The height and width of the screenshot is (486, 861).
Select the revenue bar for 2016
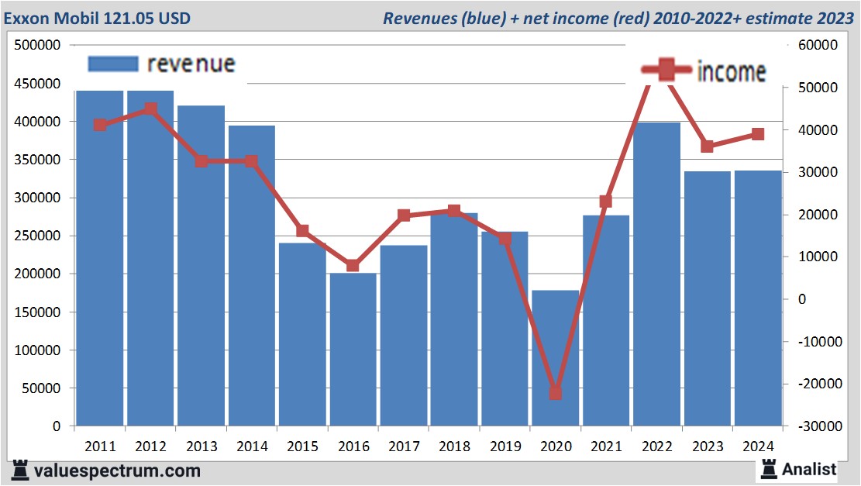(x=353, y=349)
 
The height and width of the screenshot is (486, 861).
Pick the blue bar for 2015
(x=302, y=334)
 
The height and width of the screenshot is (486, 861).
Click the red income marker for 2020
(x=556, y=393)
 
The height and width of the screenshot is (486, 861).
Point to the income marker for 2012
(x=150, y=109)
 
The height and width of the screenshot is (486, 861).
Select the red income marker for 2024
(x=758, y=134)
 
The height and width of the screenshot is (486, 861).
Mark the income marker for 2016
(x=353, y=265)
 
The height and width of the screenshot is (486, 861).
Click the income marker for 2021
(x=606, y=202)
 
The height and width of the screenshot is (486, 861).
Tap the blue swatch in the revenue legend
(x=113, y=64)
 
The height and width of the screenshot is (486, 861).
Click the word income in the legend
(x=732, y=72)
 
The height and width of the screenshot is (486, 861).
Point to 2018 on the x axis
(x=454, y=446)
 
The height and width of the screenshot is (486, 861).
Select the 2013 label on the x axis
(x=201, y=446)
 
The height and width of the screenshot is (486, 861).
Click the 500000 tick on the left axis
(x=38, y=46)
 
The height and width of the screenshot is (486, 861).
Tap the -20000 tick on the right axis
(x=816, y=384)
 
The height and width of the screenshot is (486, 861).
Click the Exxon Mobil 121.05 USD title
(x=98, y=18)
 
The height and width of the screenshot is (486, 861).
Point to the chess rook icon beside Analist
(x=769, y=468)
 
